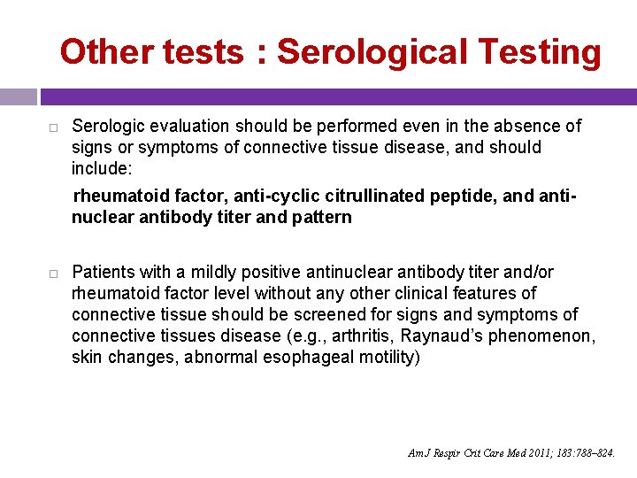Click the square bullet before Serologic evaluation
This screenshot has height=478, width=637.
pyautogui.click(x=53, y=127)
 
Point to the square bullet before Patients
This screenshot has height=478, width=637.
pyautogui.click(x=53, y=273)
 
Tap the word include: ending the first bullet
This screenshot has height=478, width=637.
pyautogui.click(x=101, y=168)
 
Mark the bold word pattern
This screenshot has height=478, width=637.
pyautogui.click(x=321, y=217)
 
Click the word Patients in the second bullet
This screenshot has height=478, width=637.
pyautogui.click(x=104, y=272)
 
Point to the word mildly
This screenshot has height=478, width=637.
pyautogui.click(x=209, y=272)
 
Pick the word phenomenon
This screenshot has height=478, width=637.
pyautogui.click(x=548, y=336)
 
